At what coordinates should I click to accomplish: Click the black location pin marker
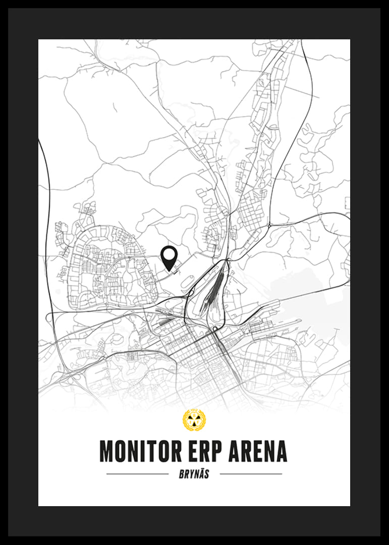tap(169, 257)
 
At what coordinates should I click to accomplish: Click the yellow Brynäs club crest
tap(194, 421)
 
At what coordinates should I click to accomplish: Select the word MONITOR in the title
tap(136, 451)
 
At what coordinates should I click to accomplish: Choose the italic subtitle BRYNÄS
tap(194, 474)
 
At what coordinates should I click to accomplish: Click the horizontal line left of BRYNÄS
tap(138, 474)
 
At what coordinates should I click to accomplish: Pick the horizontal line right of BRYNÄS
tap(251, 474)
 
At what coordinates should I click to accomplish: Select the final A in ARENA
tap(281, 451)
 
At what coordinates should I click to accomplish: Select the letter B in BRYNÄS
tap(182, 474)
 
